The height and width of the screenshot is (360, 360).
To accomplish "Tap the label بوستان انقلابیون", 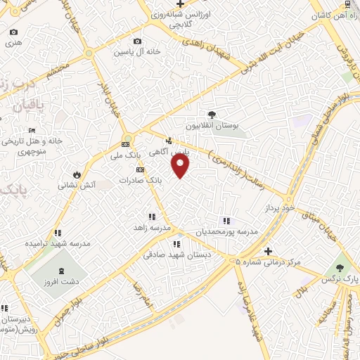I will pyautogui.click(x=212, y=126).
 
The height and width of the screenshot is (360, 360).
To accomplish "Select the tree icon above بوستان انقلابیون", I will pyautogui.click(x=212, y=114).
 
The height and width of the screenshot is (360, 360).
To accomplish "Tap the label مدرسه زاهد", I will pyautogui.click(x=153, y=228).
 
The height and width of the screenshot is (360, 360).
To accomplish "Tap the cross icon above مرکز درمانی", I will pyautogui.click(x=267, y=251).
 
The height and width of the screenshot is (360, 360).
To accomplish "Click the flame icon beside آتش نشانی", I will pyautogui.click(x=77, y=174).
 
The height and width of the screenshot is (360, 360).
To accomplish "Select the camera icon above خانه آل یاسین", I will pyautogui.click(x=136, y=41).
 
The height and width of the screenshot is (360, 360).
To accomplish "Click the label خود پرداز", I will pyautogui.click(x=278, y=209).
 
